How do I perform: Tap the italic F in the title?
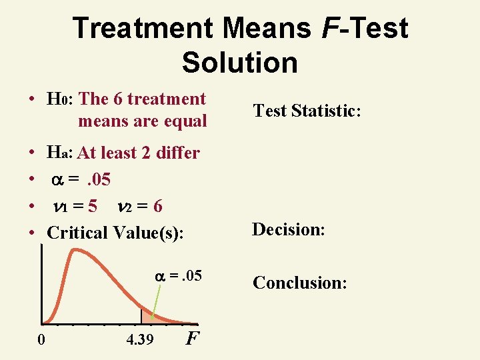click(x=327, y=28)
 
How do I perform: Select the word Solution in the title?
click(x=239, y=62)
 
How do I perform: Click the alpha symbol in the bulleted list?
click(x=59, y=180)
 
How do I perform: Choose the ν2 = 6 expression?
click(x=139, y=207)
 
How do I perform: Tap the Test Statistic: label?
click(x=307, y=111)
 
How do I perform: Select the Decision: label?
click(x=288, y=229)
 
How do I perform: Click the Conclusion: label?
click(x=299, y=283)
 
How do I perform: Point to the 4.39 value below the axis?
click(x=140, y=340)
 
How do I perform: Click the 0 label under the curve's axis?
click(x=41, y=340)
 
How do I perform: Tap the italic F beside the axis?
click(x=192, y=339)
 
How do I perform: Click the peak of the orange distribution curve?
click(x=77, y=251)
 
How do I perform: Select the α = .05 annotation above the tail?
click(x=177, y=276)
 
